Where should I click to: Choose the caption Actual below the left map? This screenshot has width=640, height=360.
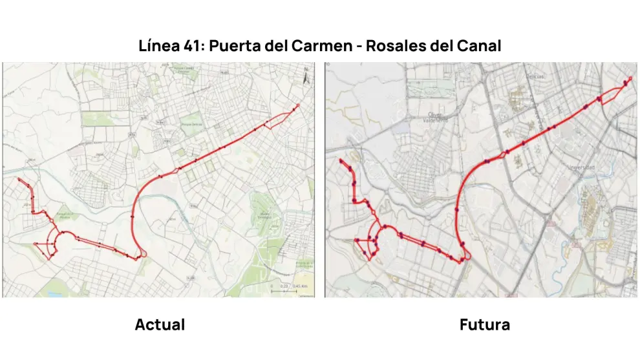coord(160,324)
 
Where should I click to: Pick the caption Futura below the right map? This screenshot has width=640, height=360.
coord(484,324)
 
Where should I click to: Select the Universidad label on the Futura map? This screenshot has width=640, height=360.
coord(580,167)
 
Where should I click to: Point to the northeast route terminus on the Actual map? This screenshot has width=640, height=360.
coord(297,105)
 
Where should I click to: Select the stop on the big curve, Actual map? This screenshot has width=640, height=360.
coord(132,217)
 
